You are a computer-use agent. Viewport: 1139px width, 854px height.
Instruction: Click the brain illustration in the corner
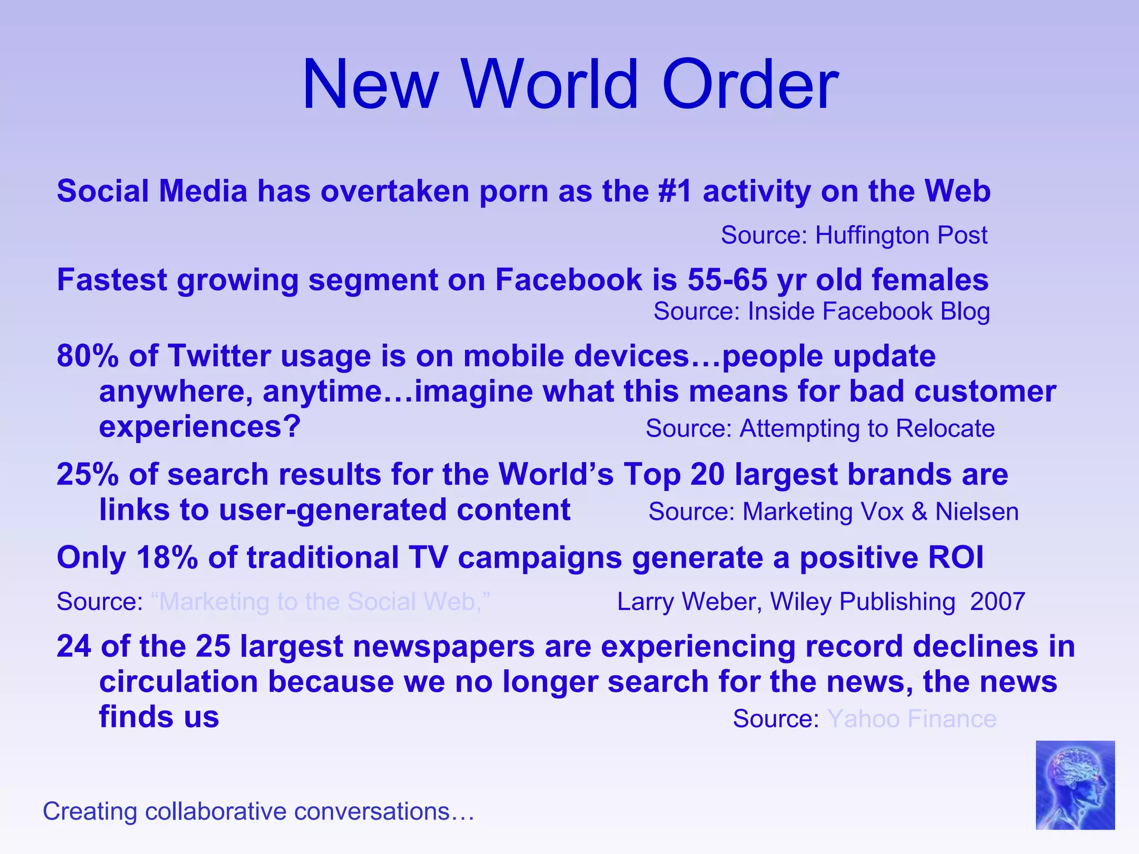tap(1074, 785)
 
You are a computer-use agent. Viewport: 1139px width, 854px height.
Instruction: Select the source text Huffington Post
tap(901, 235)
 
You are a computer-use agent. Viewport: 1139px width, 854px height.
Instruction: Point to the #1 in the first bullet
tap(675, 191)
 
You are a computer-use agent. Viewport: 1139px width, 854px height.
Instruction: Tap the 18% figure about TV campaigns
tap(166, 558)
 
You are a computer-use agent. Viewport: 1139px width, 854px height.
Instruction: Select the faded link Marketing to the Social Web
tap(321, 602)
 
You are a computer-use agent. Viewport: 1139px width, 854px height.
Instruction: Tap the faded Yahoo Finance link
tap(912, 719)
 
